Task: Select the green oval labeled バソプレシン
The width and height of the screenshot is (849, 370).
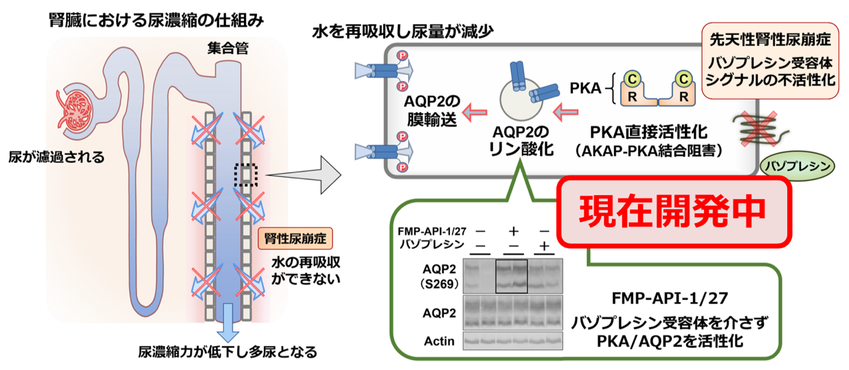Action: click(797, 165)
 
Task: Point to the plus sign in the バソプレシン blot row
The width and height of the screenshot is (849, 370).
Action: click(544, 245)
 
